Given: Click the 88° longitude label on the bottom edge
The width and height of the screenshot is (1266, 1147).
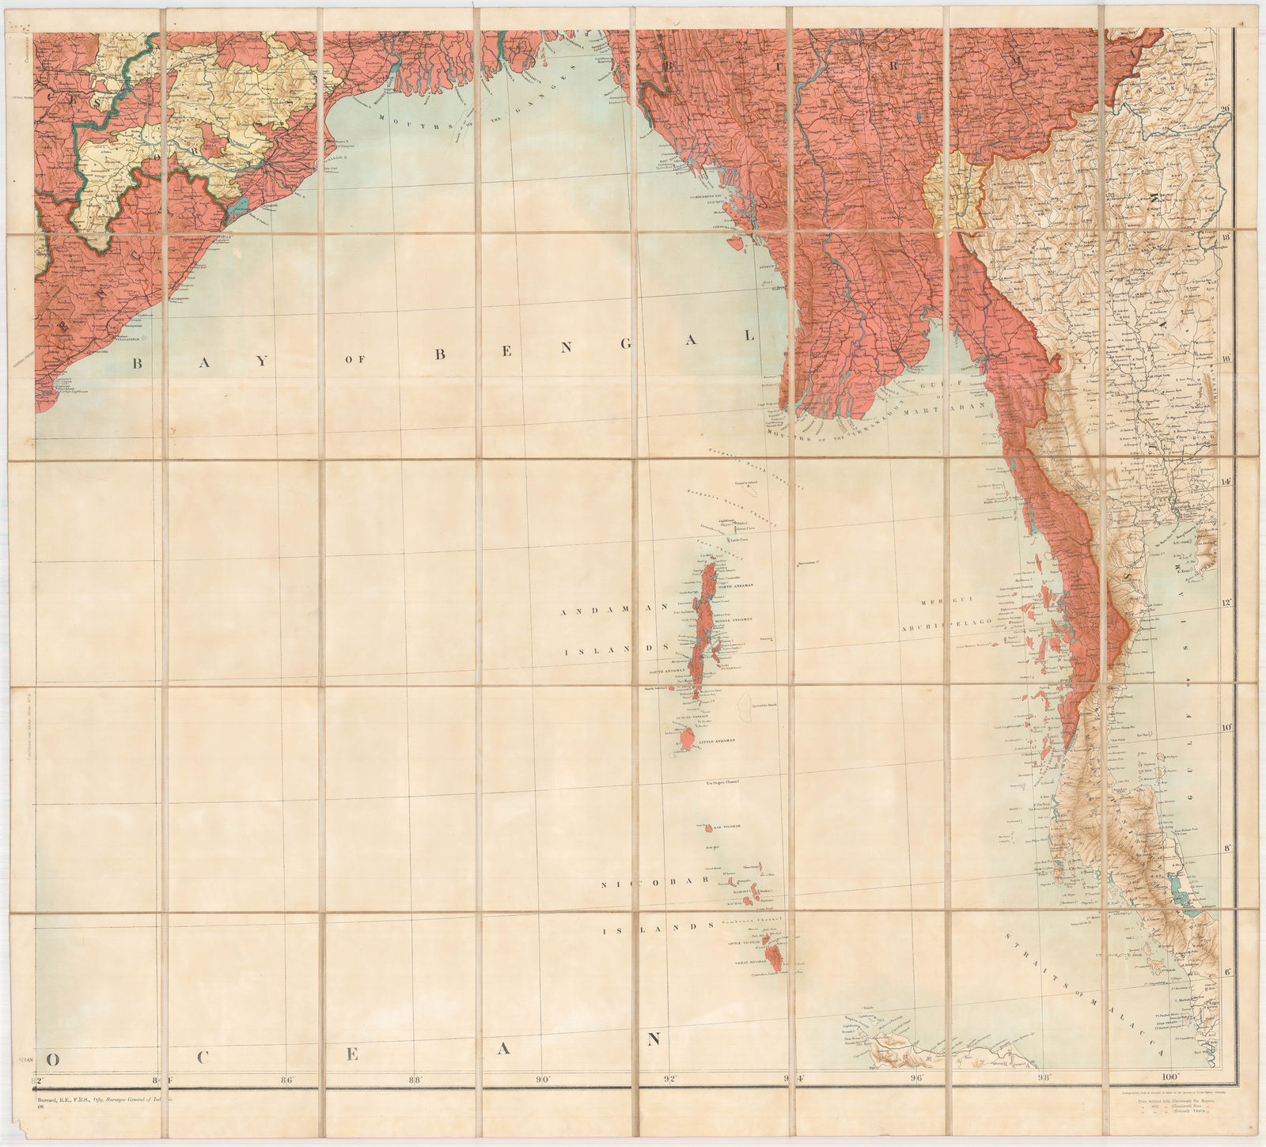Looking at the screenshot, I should (x=414, y=1077).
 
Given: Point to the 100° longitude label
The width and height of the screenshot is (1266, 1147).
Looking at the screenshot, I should (x=1169, y=1077).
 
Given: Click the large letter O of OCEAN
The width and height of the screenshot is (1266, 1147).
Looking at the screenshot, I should (x=55, y=1058).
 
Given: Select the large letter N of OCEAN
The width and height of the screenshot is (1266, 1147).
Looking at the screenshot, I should (x=654, y=1039).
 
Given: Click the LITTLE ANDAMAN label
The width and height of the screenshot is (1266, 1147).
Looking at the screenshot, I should (x=717, y=740).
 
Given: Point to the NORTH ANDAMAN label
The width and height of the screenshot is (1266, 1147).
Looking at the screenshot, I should (x=735, y=585).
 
